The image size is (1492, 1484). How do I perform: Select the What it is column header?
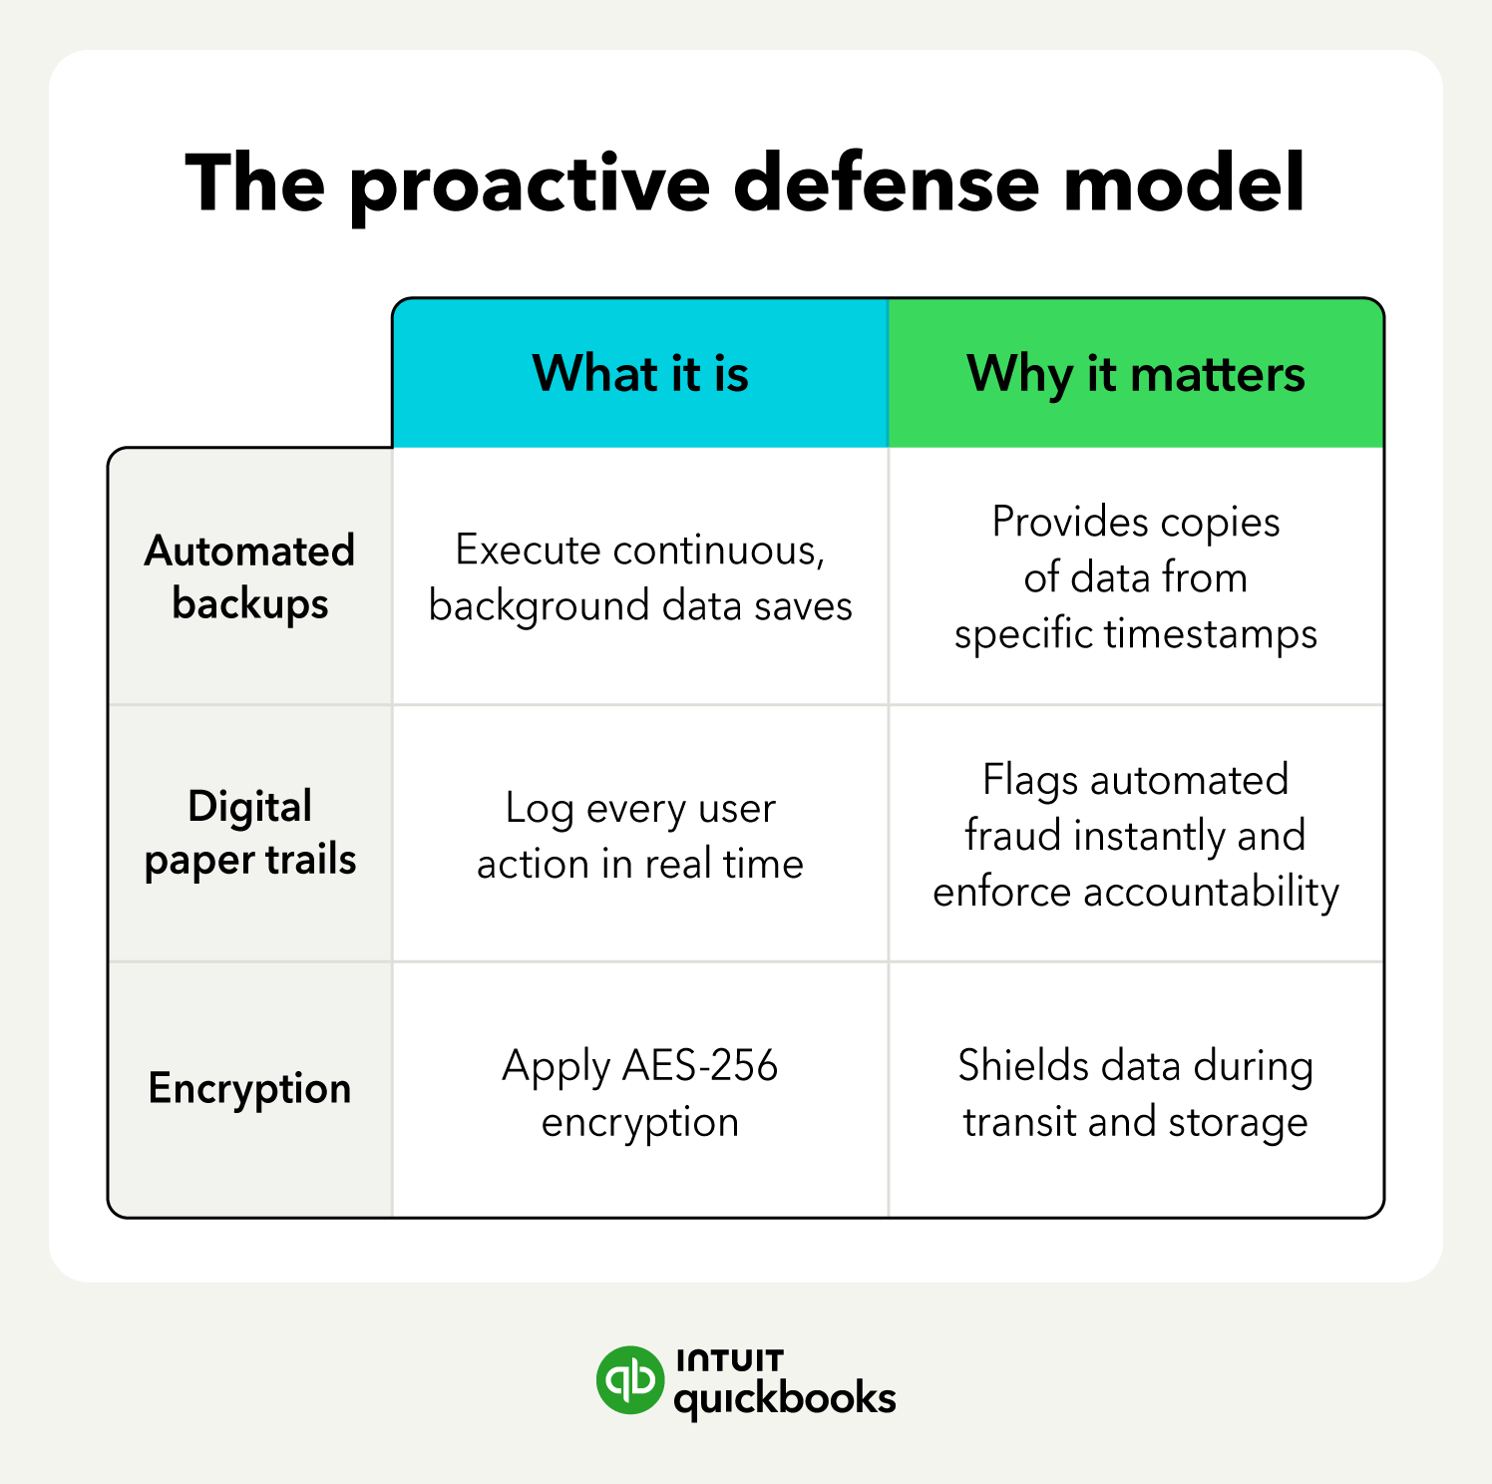(640, 374)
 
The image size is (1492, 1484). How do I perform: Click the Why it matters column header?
(1135, 374)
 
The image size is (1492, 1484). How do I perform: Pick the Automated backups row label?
(250, 576)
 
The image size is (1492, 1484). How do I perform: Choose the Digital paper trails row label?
(250, 833)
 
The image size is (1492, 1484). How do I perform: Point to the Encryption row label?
(250, 1088)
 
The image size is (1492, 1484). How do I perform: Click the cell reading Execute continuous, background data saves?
(640, 577)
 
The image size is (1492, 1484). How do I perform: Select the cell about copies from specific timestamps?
(1135, 577)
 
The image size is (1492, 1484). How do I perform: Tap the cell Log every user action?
(640, 835)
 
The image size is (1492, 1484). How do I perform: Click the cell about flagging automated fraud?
(1135, 835)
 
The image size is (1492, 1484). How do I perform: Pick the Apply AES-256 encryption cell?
(640, 1093)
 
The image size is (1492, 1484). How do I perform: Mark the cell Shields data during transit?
(1135, 1093)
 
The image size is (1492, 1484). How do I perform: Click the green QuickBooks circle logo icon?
(629, 1380)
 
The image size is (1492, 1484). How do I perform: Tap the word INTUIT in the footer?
(730, 1360)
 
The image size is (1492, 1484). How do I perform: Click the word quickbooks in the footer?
(785, 1398)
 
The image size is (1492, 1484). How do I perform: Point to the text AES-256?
(700, 1066)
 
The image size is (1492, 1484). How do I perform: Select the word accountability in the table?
(1211, 892)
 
